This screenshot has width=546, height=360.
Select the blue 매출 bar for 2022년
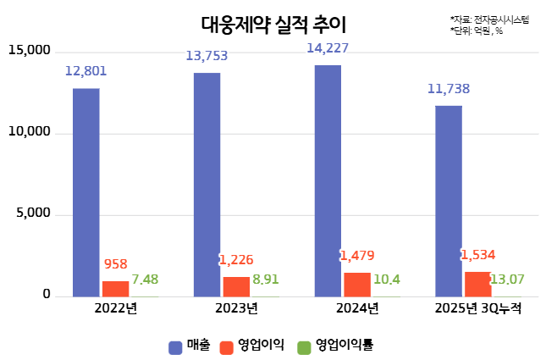[x=85, y=192]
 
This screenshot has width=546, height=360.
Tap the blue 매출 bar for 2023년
[x=207, y=185]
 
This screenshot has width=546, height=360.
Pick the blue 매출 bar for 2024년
[x=328, y=180]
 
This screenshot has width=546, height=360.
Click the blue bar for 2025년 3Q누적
[x=449, y=201]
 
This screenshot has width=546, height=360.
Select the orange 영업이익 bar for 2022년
[x=116, y=289]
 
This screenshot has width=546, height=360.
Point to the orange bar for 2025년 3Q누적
[x=477, y=285]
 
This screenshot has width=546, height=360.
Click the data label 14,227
[x=328, y=48]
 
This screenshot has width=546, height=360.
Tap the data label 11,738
[x=449, y=89]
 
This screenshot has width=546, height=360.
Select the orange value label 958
[x=115, y=264]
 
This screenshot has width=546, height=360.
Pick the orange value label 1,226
[x=236, y=260]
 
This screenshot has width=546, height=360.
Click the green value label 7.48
[x=145, y=280]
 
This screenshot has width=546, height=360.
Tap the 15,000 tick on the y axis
[x=30, y=51]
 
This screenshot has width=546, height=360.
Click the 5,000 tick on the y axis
[x=33, y=214]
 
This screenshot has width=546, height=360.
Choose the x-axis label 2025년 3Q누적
[x=479, y=309]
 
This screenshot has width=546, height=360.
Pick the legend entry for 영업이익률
[x=336, y=346]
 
